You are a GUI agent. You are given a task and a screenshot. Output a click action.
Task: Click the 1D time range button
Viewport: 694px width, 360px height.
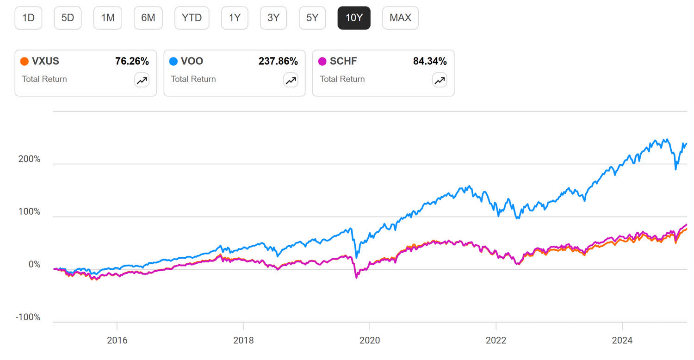point(28,18)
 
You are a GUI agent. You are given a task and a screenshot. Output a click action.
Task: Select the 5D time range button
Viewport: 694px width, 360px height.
point(68,18)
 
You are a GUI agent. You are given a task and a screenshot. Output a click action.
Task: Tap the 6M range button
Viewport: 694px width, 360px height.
point(148,18)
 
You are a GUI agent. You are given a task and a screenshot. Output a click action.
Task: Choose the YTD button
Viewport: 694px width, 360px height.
point(192,18)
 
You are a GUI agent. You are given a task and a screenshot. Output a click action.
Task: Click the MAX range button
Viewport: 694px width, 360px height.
point(400,18)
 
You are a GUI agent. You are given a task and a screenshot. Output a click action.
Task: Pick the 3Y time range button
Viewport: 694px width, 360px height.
point(273,18)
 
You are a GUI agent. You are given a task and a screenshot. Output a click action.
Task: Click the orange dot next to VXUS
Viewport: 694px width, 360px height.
point(25,61)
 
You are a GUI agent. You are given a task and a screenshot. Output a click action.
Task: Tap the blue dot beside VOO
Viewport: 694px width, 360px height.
point(173,61)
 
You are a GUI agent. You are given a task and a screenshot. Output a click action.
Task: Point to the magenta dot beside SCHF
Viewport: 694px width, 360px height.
point(322,61)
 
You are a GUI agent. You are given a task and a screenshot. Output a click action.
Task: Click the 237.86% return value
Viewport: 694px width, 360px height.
point(278,61)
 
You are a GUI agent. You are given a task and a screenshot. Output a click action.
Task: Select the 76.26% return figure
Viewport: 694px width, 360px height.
point(132,61)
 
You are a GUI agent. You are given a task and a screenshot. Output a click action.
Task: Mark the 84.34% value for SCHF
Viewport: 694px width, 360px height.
point(430,61)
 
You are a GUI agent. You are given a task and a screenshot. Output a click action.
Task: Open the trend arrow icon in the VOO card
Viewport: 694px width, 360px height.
point(291,81)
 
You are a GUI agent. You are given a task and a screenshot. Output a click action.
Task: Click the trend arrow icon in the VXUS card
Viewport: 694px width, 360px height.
point(142,81)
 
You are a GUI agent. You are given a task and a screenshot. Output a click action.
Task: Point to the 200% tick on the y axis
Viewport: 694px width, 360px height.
point(29,159)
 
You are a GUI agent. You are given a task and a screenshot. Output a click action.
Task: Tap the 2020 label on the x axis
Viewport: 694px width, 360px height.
point(370,341)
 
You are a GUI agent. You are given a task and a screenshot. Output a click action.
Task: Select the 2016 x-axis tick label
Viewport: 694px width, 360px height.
point(117,341)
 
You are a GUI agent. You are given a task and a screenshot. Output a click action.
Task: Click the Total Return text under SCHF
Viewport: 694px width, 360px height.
point(342,79)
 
